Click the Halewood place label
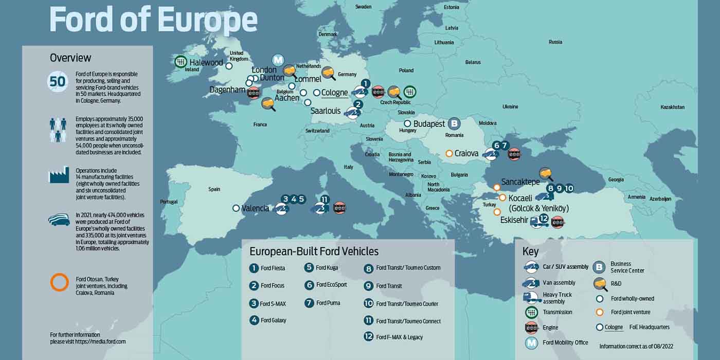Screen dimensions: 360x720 206,63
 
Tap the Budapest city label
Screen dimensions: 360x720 429,124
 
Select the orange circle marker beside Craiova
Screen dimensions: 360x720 449,153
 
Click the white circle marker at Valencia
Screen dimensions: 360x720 236,208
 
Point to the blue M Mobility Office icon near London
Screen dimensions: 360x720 278,60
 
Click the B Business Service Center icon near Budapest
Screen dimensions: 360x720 454,123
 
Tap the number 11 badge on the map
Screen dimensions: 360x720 325,200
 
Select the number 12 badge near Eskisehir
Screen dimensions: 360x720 544,218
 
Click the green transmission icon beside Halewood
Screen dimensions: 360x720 180,62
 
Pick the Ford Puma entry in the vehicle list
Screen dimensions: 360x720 327,303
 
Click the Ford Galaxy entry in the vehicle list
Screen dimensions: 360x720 273,320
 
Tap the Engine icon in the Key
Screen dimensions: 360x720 531,328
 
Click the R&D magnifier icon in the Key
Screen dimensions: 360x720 600,283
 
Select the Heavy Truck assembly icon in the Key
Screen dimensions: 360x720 531,298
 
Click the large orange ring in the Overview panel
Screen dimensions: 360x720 59,282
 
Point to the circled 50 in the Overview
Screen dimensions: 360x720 58,82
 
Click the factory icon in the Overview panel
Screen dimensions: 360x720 59,175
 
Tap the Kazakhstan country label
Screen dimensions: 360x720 672,107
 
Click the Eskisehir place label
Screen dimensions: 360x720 514,220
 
